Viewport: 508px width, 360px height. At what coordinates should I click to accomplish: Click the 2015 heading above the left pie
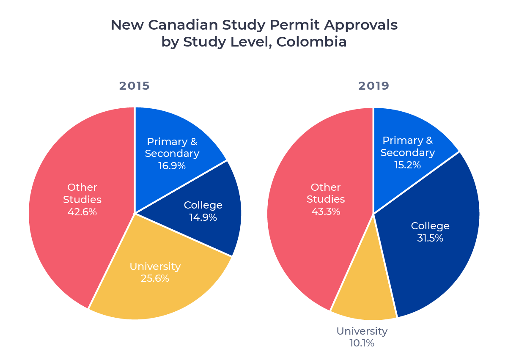pos(134,86)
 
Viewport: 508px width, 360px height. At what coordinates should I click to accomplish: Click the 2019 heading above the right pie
pos(373,86)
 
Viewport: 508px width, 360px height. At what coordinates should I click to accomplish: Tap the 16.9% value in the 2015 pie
pos(172,165)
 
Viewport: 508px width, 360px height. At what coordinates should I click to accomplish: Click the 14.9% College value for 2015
pos(203,217)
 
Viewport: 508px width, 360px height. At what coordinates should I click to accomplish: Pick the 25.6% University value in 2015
pos(155,278)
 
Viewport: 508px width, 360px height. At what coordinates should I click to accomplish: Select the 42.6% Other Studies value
pos(82,212)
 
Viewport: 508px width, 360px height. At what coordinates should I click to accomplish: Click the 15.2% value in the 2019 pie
pos(407,165)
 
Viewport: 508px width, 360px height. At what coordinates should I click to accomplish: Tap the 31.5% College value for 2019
pos(430,238)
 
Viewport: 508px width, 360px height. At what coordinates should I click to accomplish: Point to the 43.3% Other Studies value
pos(326,211)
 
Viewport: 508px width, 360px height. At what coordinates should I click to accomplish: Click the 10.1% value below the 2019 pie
pos(362,343)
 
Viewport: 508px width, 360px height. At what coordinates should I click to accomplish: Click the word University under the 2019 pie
pos(362,331)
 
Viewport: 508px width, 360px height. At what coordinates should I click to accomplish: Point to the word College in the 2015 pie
pos(203,205)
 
